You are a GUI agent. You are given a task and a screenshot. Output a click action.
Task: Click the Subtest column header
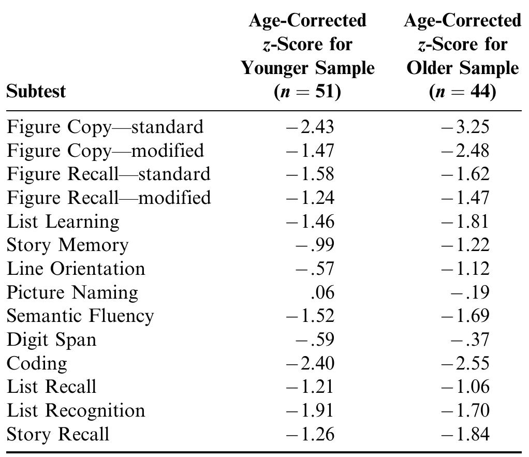36,92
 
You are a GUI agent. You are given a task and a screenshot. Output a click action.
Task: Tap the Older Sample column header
462,56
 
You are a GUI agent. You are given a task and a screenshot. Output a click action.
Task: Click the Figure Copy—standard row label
105,127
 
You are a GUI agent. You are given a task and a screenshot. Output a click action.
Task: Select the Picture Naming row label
72,293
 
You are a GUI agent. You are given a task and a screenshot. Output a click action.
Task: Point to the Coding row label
37,363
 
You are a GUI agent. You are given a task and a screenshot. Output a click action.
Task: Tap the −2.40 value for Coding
310,363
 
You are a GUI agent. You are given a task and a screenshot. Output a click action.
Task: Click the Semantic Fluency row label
80,316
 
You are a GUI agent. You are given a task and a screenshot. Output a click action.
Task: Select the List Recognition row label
76,410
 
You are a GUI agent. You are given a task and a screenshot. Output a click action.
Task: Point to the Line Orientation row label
76,269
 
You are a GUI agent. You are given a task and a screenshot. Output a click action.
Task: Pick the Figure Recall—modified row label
109,198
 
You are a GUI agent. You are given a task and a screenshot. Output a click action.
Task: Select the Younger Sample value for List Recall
310,387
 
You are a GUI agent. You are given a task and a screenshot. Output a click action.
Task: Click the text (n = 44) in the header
462,92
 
